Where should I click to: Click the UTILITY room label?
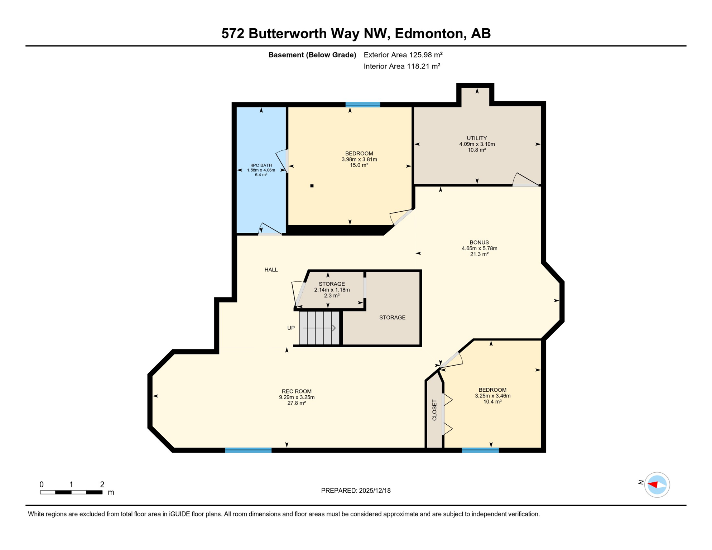coord(477,138)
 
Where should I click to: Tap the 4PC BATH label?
coord(261,165)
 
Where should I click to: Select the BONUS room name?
coord(479,242)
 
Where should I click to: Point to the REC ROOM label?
coord(297,391)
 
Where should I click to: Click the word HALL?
coord(271,270)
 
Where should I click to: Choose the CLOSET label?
coord(434,410)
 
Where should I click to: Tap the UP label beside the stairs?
coord(291,328)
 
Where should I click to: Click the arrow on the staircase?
coord(320,328)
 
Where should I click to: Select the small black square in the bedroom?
coord(312,186)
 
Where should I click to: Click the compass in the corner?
coord(657,485)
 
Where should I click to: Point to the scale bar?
coord(71,492)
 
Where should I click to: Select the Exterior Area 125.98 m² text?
coord(403,55)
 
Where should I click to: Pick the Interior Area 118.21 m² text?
coord(402,66)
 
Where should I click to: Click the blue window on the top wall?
coord(363,105)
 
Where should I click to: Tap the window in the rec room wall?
coord(248,450)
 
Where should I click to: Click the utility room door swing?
coord(525,180)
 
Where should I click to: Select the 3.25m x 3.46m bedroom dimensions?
coord(492,396)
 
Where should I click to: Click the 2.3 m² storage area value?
coord(332,296)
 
